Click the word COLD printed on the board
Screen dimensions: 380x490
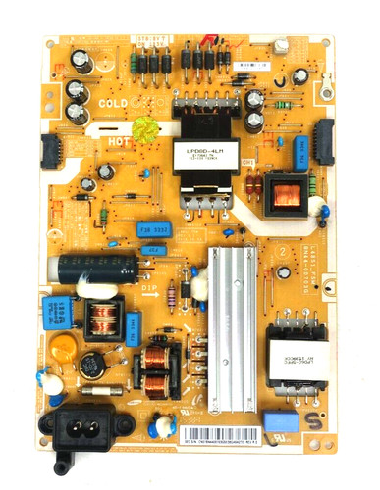[x=113, y=102]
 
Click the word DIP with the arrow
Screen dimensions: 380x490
[x=149, y=287]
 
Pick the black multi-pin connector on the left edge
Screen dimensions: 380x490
[x=50, y=150]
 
